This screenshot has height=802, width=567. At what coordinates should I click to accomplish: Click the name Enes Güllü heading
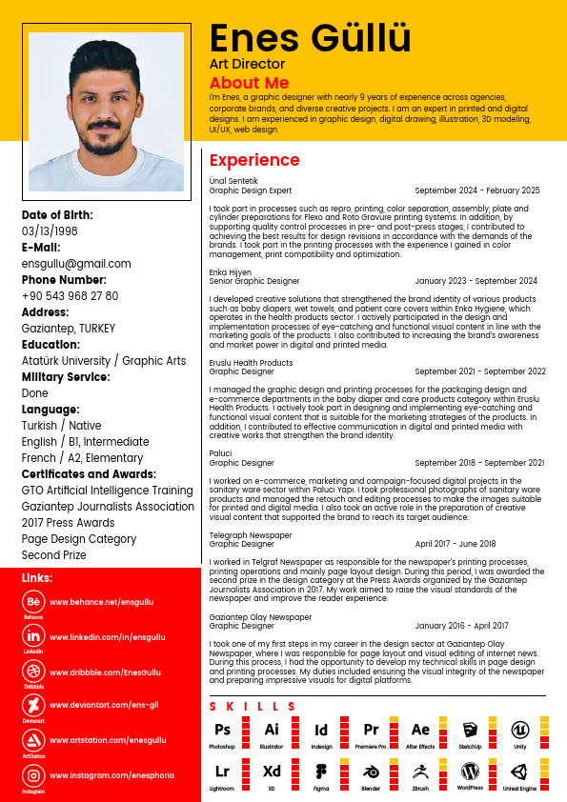tap(310, 39)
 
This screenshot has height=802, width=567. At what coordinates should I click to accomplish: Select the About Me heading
tap(249, 83)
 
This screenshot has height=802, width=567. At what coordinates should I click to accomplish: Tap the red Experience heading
tap(254, 160)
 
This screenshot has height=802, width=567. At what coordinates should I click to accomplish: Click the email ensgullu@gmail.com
tap(76, 264)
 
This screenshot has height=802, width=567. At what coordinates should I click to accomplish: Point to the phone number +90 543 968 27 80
tap(71, 296)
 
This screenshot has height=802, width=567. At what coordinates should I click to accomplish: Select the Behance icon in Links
tap(33, 602)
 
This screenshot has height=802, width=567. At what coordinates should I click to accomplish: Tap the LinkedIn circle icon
tap(33, 636)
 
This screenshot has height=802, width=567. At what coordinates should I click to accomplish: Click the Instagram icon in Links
tap(33, 775)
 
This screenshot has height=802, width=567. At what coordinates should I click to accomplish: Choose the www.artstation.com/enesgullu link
tap(107, 740)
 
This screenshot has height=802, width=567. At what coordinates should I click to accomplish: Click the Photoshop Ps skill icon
tap(222, 730)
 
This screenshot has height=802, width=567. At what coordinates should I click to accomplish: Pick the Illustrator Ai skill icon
tap(272, 730)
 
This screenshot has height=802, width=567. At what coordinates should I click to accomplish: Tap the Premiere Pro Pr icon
tap(371, 730)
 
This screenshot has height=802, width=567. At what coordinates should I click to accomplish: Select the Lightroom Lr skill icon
tap(222, 771)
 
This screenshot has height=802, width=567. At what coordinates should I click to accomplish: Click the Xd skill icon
tap(272, 771)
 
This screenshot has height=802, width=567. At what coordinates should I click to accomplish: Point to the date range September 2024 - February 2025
tap(477, 190)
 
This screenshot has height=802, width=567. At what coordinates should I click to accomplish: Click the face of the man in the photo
tap(106, 106)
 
